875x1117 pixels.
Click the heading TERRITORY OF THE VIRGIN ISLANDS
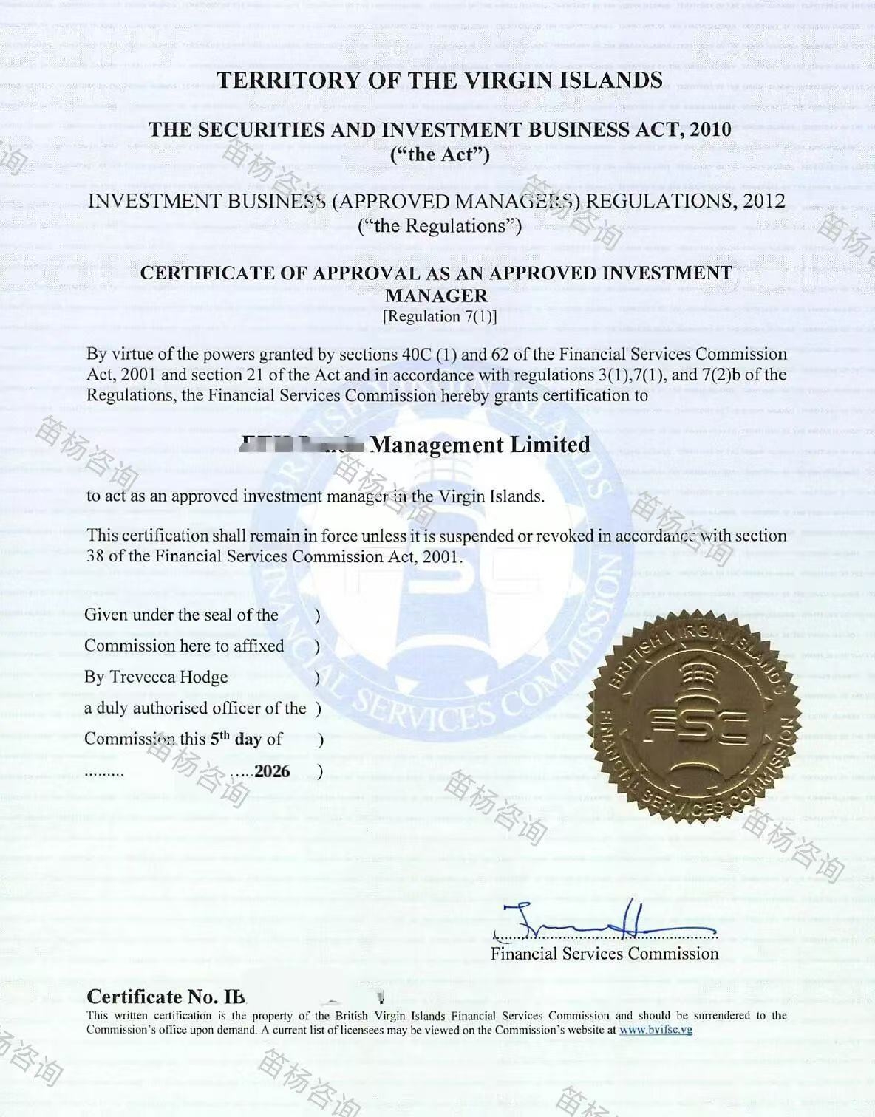click(x=440, y=81)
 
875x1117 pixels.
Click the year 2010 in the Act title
click(x=710, y=130)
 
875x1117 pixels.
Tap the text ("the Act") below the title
click(x=440, y=154)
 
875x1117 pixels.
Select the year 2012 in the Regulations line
click(x=764, y=201)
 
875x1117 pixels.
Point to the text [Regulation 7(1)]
click(x=440, y=317)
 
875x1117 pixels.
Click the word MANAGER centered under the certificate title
click(x=437, y=296)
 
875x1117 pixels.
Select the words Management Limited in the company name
click(x=480, y=445)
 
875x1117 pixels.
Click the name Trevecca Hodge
click(x=169, y=677)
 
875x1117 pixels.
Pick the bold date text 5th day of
click(x=246, y=739)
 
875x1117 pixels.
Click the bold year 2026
click(x=272, y=771)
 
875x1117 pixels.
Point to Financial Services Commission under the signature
click(x=605, y=954)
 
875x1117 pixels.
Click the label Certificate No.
click(x=166, y=997)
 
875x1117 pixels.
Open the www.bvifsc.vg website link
click(x=656, y=1030)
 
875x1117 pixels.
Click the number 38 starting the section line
click(x=95, y=556)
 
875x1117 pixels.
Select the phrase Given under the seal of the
click(x=181, y=615)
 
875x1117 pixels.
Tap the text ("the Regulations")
click(x=440, y=226)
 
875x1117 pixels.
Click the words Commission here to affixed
click(x=184, y=646)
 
